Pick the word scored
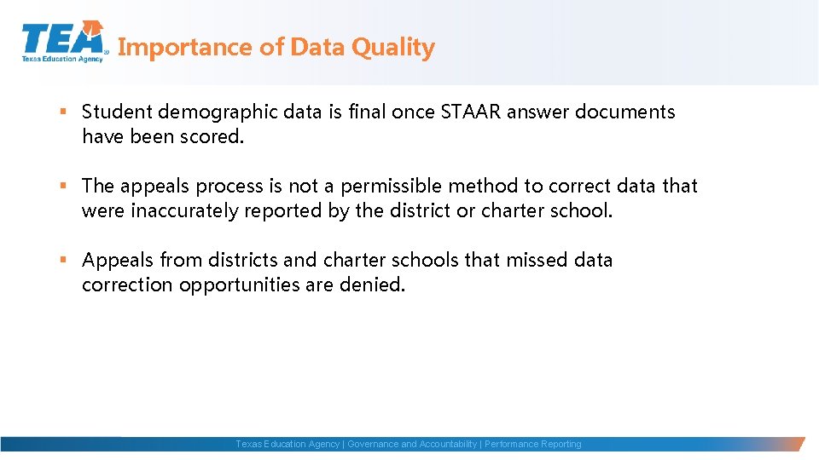click(212, 136)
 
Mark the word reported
click(283, 210)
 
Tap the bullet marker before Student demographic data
click(64, 112)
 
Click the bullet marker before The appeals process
click(64, 186)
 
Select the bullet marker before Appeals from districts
click(64, 260)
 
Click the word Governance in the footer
click(372, 444)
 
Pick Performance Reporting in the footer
click(533, 444)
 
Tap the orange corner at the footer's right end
click(798, 444)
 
